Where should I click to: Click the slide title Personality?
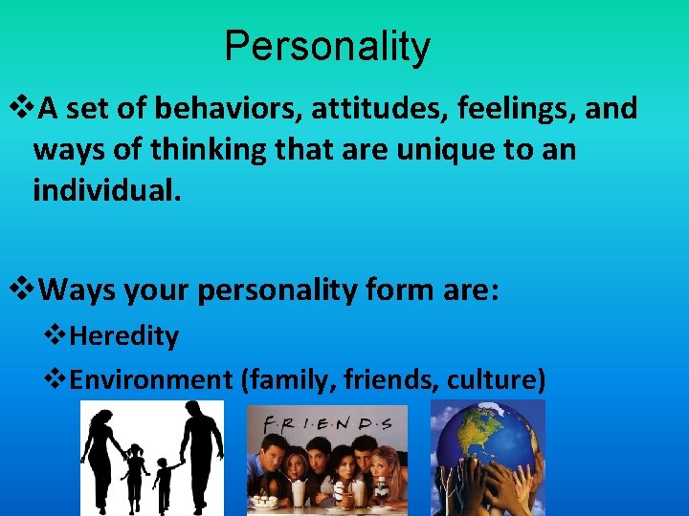(327, 46)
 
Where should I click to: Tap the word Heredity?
(124, 336)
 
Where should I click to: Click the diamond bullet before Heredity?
(56, 336)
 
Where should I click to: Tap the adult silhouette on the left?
(100, 454)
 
